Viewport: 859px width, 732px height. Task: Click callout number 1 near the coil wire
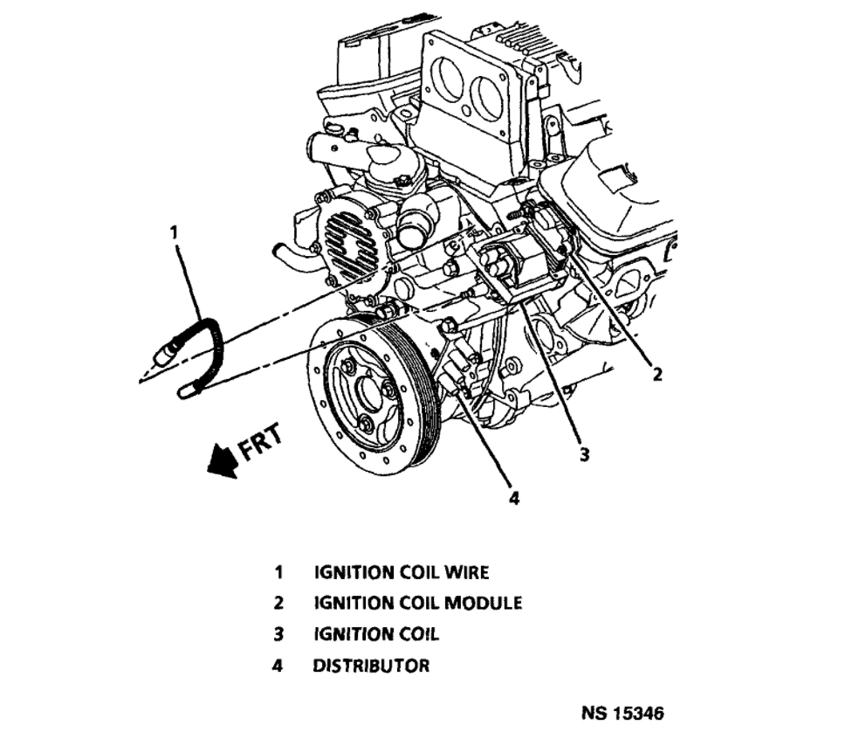[x=174, y=232]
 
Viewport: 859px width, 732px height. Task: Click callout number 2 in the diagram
[x=657, y=375]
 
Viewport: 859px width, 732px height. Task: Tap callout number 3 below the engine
[x=584, y=453]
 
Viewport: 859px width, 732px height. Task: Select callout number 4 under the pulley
[x=514, y=498]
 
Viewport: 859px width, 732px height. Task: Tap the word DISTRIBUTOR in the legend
[x=371, y=666]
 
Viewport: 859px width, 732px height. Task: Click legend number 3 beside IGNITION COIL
[x=278, y=634]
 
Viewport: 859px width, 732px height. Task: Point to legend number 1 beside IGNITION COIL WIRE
[x=278, y=573]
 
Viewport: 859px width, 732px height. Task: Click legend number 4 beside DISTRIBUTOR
[x=278, y=666]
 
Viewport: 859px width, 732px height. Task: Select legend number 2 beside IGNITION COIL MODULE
[x=278, y=603]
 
